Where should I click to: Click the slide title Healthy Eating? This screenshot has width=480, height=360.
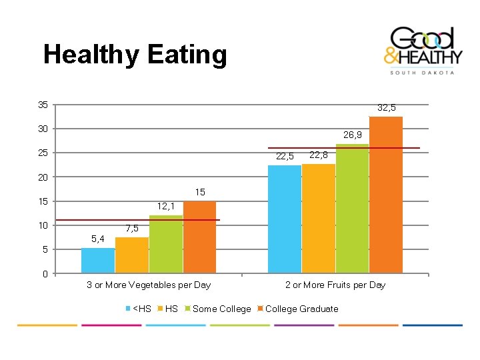[135, 55]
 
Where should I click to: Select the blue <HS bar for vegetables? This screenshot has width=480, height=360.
[98, 261]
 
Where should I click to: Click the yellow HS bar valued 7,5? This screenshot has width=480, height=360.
[132, 255]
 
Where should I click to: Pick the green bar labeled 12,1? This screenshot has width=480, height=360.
[166, 244]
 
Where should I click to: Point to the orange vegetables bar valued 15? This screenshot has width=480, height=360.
[200, 237]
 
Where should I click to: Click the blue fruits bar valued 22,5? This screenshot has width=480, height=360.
[285, 219]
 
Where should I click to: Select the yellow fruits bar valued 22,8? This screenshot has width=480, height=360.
[319, 219]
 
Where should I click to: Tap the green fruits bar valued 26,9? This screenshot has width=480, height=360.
[353, 209]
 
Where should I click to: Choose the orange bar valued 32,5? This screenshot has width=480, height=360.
[386, 195]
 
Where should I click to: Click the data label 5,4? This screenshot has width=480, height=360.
[97, 239]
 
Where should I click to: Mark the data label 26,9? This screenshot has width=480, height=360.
[353, 135]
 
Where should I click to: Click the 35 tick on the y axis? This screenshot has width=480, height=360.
[43, 105]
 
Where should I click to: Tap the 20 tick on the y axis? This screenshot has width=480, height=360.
[43, 177]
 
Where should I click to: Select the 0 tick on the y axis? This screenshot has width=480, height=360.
[45, 274]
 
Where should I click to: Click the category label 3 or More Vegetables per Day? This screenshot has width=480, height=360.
[149, 285]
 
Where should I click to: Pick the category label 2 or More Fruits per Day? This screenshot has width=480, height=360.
[335, 285]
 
